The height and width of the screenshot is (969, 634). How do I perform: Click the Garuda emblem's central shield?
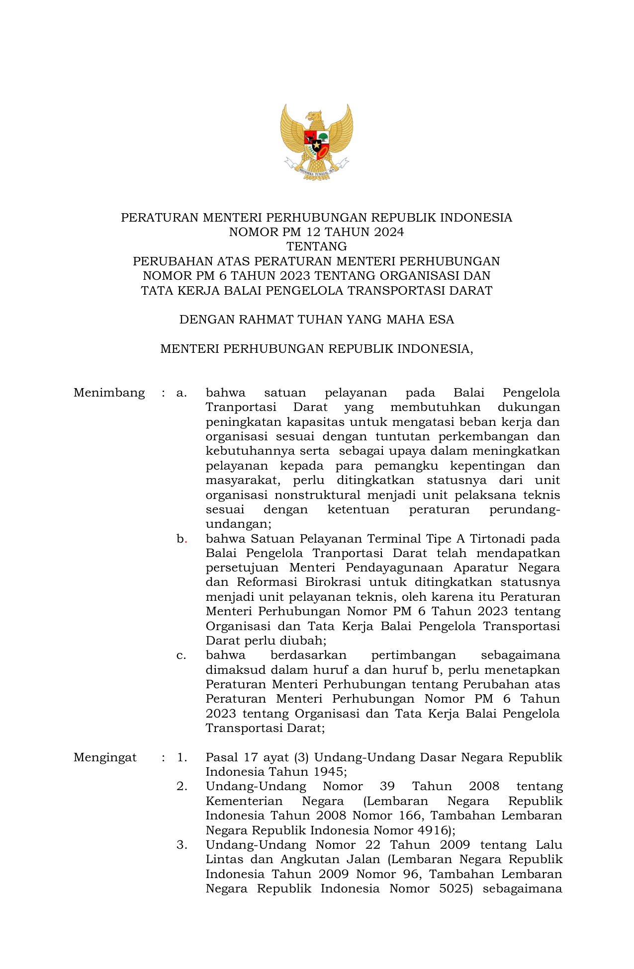[316, 142]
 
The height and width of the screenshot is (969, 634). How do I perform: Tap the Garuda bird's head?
[313, 116]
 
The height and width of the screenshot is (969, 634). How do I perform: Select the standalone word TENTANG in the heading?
[316, 246]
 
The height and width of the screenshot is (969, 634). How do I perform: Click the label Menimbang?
[109, 393]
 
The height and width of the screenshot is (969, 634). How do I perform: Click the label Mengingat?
[105, 757]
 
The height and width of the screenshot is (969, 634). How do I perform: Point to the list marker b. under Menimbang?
[181, 539]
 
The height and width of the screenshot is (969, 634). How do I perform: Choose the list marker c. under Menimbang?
[181, 655]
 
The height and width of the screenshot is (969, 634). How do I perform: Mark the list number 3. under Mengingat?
[181, 845]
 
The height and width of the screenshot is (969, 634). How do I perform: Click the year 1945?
[330, 772]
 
